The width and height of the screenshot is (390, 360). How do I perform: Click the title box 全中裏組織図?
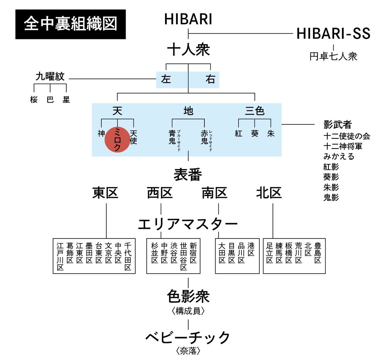(71, 24)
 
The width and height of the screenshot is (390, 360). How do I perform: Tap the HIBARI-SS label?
(333, 34)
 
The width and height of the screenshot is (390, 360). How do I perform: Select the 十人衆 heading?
(188, 50)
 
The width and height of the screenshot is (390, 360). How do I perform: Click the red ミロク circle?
(117, 140)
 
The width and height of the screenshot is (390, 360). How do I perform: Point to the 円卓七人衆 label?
(333, 56)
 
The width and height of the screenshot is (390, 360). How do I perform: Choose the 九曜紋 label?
(50, 77)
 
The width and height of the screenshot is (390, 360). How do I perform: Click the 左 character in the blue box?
(166, 79)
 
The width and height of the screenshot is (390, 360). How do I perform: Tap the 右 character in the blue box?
(210, 79)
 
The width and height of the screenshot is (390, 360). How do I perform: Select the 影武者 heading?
(338, 125)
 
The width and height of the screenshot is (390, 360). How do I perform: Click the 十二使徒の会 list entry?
(347, 136)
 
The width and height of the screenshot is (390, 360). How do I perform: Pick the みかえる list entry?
(339, 156)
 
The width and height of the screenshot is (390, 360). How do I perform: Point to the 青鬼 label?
(172, 137)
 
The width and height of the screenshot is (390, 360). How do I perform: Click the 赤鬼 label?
(204, 137)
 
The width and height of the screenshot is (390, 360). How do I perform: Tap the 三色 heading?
(254, 111)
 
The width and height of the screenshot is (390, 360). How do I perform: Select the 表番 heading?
(188, 175)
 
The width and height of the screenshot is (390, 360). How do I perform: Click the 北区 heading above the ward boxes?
(269, 193)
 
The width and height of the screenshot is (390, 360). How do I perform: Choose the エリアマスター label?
(188, 224)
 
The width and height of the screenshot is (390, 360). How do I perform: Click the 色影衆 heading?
(188, 296)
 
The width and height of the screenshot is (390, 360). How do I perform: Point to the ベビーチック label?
(188, 338)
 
